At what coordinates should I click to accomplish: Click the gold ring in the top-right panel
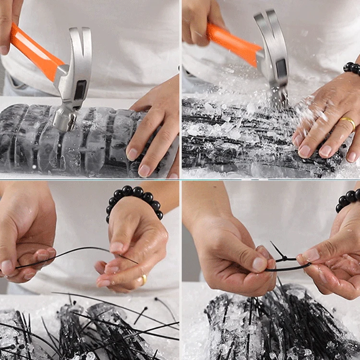[349, 123]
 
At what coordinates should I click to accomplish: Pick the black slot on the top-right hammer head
[282, 68]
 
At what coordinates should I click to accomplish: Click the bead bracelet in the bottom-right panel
[348, 199]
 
